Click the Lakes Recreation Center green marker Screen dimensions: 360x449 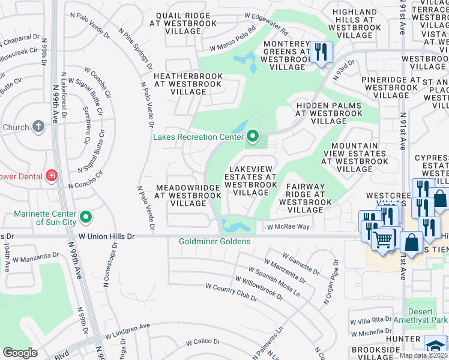point(253,137)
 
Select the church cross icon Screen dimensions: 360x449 point(38,127)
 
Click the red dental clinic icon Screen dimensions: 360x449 point(52,176)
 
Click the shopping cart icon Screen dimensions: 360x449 point(382,239)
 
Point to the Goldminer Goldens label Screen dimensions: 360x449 point(214,242)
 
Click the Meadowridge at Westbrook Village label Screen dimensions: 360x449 point(187,196)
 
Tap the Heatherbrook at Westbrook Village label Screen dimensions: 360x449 point(188,84)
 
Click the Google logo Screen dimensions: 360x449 point(20,352)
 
